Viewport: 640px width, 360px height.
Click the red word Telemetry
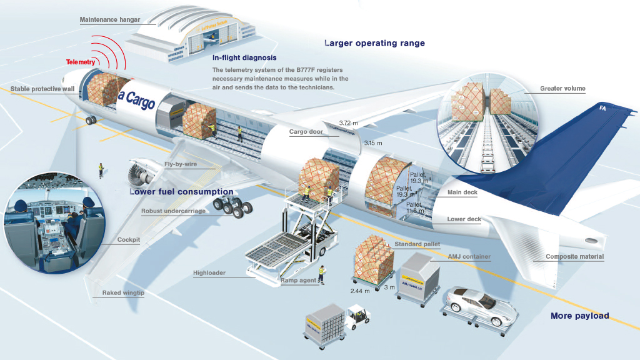pyautogui.click(x=81, y=62)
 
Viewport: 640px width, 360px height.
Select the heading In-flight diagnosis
pyautogui.click(x=244, y=57)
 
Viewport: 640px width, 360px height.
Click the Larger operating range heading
pyautogui.click(x=374, y=43)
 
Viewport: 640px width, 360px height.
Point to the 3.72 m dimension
pyautogui.click(x=349, y=122)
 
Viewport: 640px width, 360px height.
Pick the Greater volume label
pyautogui.click(x=562, y=89)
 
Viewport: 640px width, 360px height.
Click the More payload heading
pyautogui.click(x=579, y=316)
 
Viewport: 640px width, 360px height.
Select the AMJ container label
pyautogui.click(x=469, y=256)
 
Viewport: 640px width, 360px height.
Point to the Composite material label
pyautogui.click(x=574, y=256)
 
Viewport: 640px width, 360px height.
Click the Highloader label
pyautogui.click(x=209, y=273)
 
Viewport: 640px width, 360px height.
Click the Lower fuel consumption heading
pyautogui.click(x=181, y=192)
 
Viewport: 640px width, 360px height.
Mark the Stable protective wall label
pyautogui.click(x=42, y=89)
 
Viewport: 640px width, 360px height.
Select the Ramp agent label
pyautogui.click(x=298, y=281)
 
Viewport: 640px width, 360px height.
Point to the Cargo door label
pyautogui.click(x=306, y=132)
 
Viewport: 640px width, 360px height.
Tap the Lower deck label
pyautogui.click(x=464, y=219)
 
